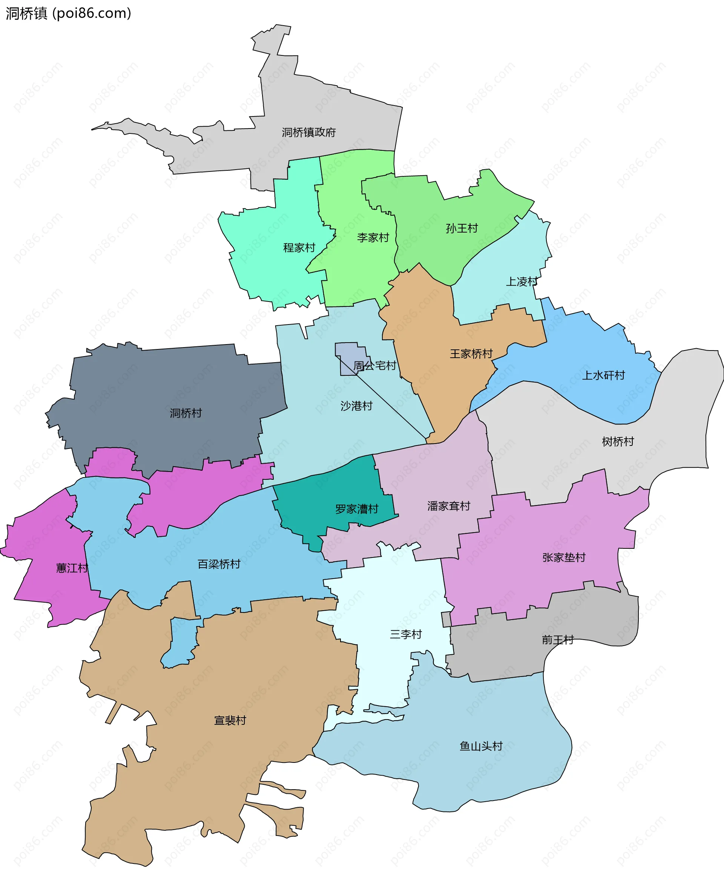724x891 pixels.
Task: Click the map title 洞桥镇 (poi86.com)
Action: coord(68,13)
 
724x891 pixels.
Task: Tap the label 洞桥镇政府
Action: coord(308,133)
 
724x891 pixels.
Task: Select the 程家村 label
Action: coord(299,248)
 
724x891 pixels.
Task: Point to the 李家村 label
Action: coord(373,237)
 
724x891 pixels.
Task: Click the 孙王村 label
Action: coord(462,228)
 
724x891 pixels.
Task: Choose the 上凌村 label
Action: coord(521,282)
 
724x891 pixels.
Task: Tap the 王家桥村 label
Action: coord(471,354)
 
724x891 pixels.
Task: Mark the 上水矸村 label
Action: coord(603,375)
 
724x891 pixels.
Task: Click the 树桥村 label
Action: coord(618,441)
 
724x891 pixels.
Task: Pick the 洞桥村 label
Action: coord(186,413)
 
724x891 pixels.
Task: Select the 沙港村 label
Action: coord(356,406)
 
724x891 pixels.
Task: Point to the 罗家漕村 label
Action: coord(357,509)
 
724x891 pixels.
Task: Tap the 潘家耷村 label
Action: coord(449,506)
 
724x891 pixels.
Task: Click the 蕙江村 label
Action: coord(72,568)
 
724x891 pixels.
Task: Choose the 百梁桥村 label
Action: coord(219,564)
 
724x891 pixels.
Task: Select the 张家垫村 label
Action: coord(564,557)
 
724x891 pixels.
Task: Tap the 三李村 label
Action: coord(406,634)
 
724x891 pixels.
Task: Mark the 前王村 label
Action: coord(558,640)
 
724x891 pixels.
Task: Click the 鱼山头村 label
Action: coord(481,746)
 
